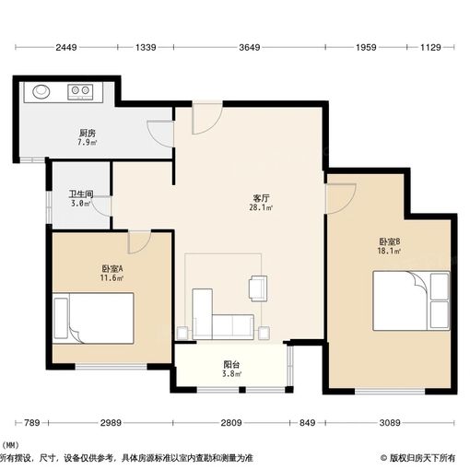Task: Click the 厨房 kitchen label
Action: [87, 133]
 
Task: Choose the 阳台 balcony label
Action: [231, 365]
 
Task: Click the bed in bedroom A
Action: [94, 318]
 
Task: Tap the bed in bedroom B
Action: [411, 300]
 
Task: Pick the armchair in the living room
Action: [257, 288]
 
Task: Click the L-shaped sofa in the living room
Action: [219, 317]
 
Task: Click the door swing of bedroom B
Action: [340, 196]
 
